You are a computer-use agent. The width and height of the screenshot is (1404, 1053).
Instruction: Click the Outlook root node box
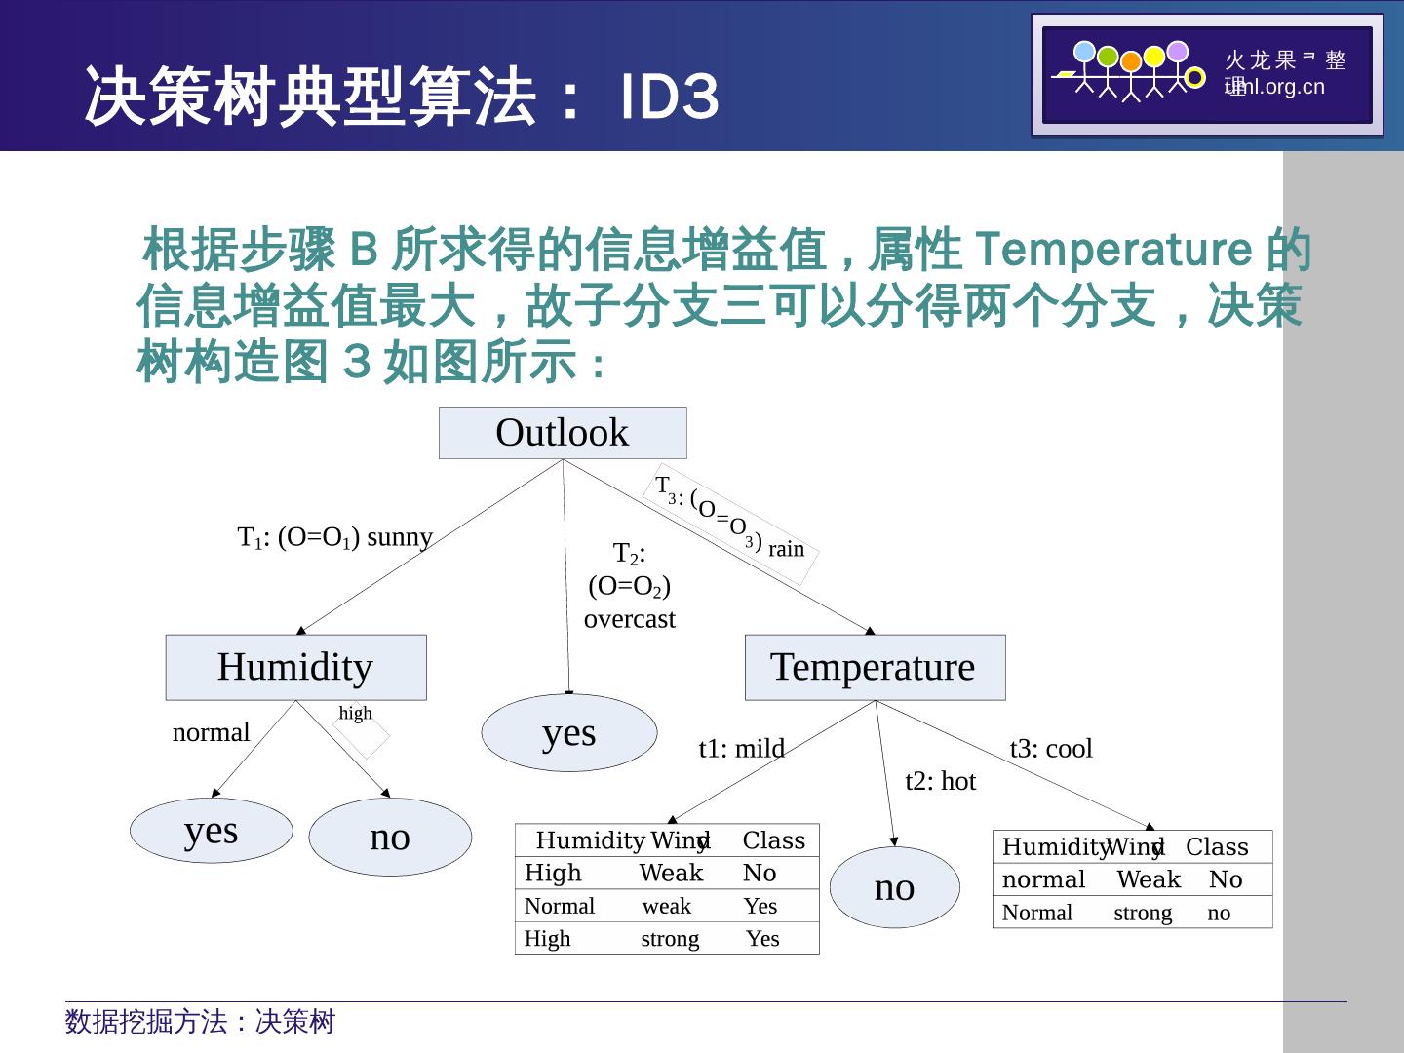[563, 433]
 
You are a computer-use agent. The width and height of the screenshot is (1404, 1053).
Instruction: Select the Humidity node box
[295, 667]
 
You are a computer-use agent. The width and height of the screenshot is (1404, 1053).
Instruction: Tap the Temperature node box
[875, 667]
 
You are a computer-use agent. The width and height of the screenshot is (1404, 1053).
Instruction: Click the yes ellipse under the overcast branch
[569, 733]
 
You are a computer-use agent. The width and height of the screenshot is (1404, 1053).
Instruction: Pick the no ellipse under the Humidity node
[390, 838]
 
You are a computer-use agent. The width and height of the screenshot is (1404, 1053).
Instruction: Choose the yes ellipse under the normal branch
[211, 831]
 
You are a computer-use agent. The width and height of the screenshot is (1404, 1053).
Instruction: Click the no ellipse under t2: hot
[894, 887]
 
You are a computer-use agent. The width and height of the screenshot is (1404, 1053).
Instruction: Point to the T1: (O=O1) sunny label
[334, 537]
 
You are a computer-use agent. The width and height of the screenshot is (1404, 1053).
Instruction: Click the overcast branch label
[629, 619]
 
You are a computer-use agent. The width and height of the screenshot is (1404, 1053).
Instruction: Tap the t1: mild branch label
[741, 749]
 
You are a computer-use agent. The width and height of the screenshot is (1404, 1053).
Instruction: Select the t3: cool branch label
[1051, 749]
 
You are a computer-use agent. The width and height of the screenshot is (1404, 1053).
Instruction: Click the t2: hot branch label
[940, 782]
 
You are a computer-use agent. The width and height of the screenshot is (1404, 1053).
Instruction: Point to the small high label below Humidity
[355, 713]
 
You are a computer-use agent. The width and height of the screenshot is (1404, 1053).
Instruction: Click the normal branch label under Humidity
[211, 732]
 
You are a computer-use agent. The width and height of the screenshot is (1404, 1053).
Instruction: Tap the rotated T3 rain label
[731, 522]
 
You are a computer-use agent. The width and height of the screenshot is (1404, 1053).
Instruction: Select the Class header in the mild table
[773, 840]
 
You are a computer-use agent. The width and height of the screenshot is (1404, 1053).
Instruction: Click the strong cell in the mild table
[670, 939]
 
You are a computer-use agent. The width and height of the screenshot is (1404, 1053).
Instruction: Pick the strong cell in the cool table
[1143, 914]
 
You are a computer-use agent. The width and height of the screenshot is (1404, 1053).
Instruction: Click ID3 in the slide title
[671, 97]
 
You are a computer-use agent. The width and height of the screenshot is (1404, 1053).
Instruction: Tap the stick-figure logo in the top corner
[1131, 73]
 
